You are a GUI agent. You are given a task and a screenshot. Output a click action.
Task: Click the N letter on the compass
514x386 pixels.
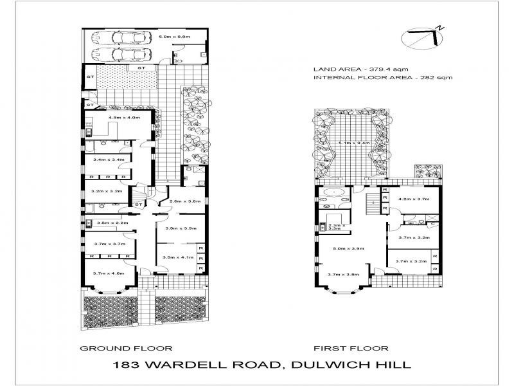pyautogui.click(x=440, y=28)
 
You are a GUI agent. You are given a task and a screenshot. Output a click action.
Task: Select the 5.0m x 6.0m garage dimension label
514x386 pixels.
pyautogui.click(x=175, y=37)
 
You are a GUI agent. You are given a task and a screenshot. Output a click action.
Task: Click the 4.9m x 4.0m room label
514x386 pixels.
pyautogui.click(x=124, y=118)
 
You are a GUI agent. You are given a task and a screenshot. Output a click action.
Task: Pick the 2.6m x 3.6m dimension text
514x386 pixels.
pyautogui.click(x=185, y=201)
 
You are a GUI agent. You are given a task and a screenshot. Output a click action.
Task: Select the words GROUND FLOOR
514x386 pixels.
pyautogui.click(x=125, y=348)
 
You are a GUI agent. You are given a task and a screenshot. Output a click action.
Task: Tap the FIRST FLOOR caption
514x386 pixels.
pyautogui.click(x=351, y=348)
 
